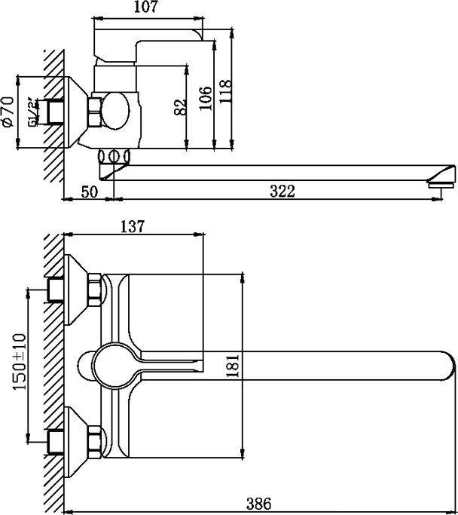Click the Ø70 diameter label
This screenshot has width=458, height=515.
pos(8,112)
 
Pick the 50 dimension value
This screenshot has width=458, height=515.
pos(89,192)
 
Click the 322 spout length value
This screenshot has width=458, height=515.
pos(281,192)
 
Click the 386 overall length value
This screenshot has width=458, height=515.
pos(258,503)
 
